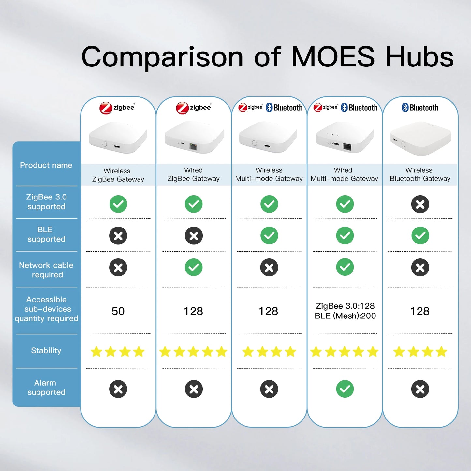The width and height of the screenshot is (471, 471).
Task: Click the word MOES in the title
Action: pos(333,57)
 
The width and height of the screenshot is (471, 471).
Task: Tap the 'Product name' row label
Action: pos(46,165)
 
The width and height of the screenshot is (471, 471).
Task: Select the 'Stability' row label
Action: pos(46,351)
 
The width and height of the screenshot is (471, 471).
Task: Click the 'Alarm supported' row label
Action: pos(46,388)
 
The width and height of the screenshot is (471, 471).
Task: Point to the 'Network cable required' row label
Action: pos(46,270)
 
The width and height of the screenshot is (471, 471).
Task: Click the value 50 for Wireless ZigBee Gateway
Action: pos(118,311)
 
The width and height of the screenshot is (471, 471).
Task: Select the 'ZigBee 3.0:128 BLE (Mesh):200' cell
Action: pos(345,311)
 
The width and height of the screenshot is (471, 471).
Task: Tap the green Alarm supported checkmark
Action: pos(345,389)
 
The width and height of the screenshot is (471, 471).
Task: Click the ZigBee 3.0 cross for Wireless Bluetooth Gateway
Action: pos(420,204)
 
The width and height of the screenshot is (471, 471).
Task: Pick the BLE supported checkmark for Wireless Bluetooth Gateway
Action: pos(420,236)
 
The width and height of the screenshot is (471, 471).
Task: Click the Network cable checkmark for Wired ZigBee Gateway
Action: pos(194,267)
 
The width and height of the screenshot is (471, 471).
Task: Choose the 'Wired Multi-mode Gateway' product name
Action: pos(344,174)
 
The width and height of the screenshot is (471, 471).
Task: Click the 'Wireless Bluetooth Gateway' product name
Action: pos(420,174)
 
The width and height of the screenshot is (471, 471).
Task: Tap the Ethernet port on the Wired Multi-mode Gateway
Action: pos(347,147)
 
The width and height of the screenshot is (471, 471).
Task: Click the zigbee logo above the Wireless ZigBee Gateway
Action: pos(117,108)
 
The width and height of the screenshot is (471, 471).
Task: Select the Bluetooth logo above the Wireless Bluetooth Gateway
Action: pos(420,108)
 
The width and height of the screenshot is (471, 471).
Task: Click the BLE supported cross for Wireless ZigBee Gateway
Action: pos(118,236)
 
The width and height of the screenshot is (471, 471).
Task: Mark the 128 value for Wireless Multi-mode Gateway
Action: pos(269,311)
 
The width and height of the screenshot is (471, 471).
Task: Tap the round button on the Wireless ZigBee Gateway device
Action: pos(104,144)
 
